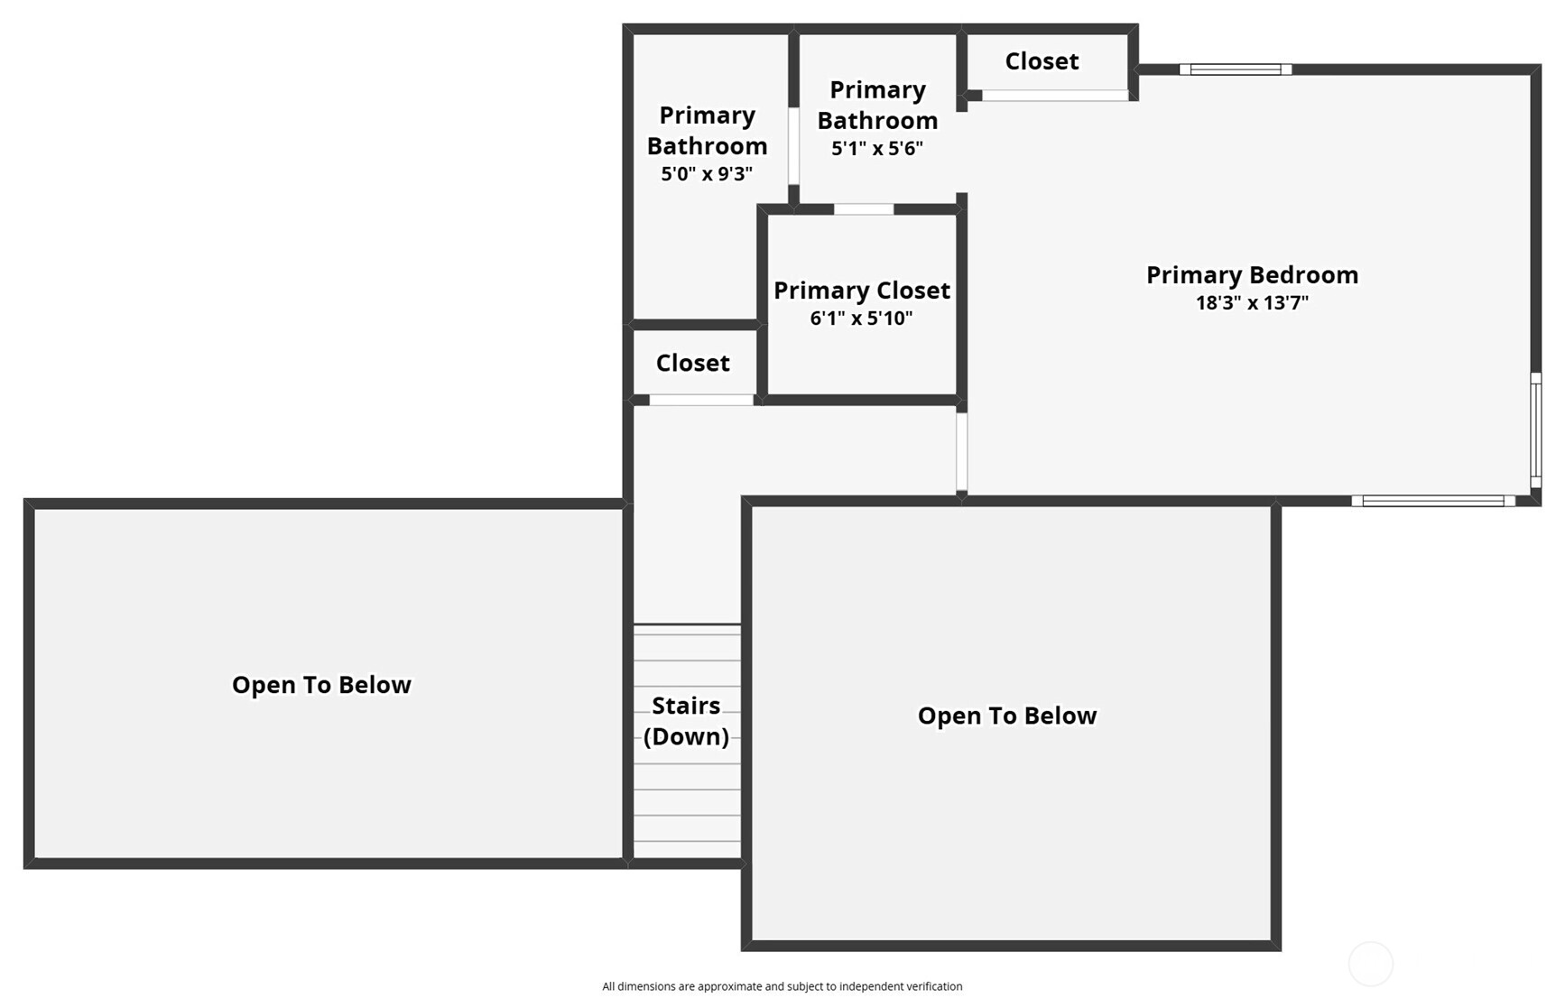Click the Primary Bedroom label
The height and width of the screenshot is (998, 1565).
[x=1252, y=274]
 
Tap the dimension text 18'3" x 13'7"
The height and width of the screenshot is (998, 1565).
[x=1252, y=303]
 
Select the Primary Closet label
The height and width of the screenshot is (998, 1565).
[x=861, y=290]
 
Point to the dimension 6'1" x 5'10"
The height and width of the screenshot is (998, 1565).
[x=861, y=318]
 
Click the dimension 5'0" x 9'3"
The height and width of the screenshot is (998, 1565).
[x=707, y=173]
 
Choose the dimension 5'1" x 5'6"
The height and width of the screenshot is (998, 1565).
[x=877, y=148]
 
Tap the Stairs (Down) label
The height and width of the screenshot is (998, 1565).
[x=686, y=721]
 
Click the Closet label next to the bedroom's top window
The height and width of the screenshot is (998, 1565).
[x=1042, y=60]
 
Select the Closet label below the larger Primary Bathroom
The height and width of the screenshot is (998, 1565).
[x=692, y=362]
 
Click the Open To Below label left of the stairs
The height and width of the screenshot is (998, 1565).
[x=321, y=684]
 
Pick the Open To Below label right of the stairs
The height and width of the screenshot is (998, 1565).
[x=1007, y=715]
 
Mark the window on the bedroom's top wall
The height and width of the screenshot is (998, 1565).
[x=1235, y=69]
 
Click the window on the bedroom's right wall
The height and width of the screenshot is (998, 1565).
[x=1535, y=430]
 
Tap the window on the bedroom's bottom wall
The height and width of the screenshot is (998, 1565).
[x=1432, y=501]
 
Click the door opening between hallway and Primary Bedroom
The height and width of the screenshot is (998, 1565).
[x=961, y=451]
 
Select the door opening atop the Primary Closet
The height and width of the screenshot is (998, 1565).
[x=863, y=209]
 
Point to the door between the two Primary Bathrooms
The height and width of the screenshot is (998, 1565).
[x=793, y=146]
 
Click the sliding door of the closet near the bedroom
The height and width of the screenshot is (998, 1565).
[x=1054, y=96]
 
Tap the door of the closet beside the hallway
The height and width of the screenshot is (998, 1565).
[x=700, y=400]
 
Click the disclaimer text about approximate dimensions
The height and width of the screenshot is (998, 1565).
[x=782, y=986]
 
